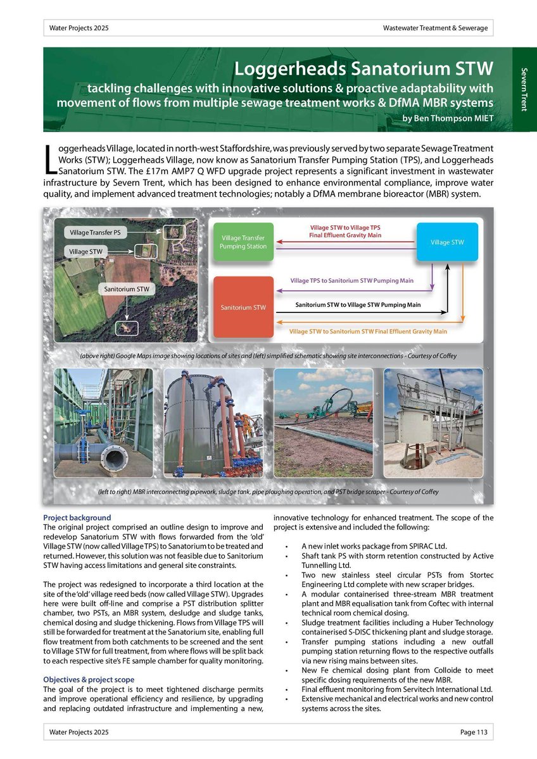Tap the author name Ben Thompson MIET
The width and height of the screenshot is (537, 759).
[x=448, y=118]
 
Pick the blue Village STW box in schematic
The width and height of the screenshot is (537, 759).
[x=448, y=242]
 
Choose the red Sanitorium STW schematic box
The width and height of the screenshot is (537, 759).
[x=243, y=307]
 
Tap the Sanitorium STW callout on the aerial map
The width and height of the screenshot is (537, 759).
[x=127, y=289]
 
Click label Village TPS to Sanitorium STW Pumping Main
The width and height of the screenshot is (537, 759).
[x=351, y=280]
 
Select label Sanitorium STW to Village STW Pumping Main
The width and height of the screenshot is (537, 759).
[x=358, y=305]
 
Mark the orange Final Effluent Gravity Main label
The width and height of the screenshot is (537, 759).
[x=367, y=331]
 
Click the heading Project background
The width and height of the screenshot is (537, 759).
[x=77, y=517]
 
